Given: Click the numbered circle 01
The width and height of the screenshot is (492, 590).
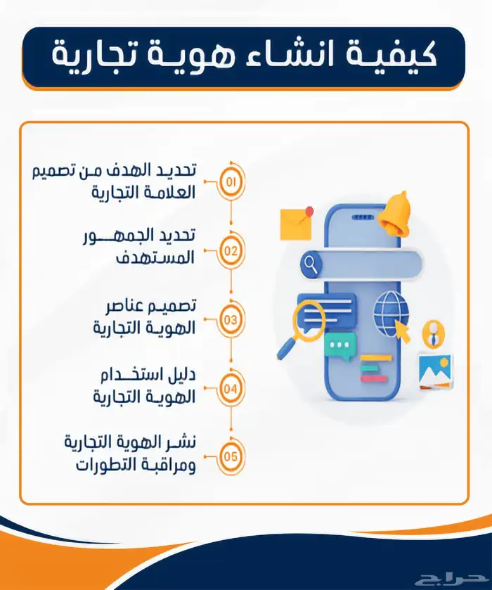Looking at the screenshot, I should [x=231, y=182].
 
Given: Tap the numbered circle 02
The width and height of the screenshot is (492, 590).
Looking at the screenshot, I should [x=231, y=250].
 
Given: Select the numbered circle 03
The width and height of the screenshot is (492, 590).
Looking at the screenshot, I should [x=231, y=319].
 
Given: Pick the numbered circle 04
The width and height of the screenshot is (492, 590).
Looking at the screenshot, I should [x=231, y=387].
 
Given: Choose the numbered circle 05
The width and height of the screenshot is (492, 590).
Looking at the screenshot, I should [x=231, y=454].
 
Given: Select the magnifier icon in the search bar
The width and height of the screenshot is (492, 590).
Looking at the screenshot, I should [x=310, y=264].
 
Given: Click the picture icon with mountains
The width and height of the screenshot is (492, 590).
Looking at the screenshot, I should [x=436, y=368].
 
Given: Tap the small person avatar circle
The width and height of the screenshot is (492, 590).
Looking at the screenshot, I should [x=435, y=330].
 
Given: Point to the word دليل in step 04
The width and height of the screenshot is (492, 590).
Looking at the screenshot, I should [x=181, y=376].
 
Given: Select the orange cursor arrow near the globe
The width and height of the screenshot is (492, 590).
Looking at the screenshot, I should [x=403, y=331].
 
